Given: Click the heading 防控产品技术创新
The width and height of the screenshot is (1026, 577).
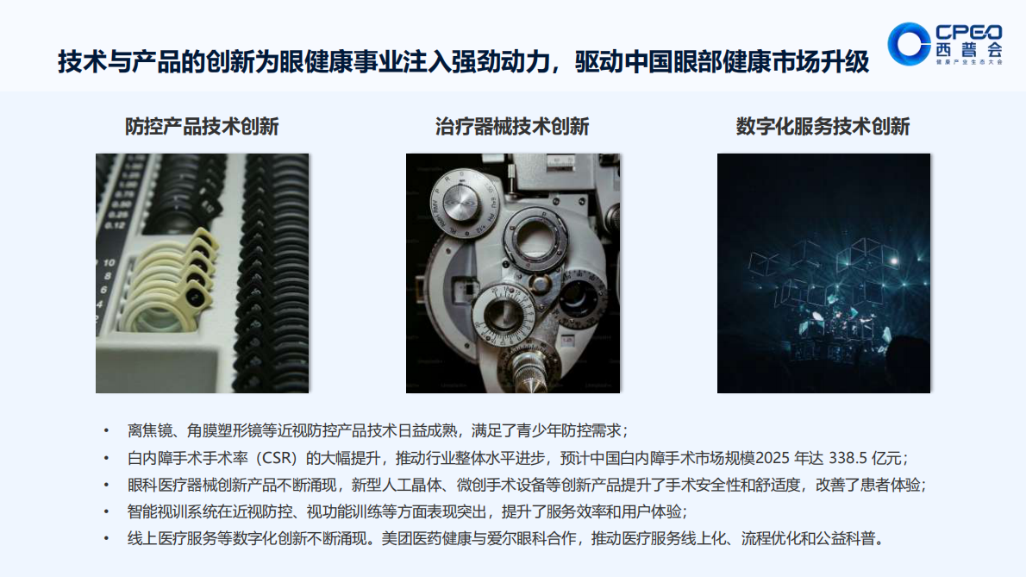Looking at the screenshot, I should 202,127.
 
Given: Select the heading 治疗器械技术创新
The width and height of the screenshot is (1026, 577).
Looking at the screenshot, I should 512,127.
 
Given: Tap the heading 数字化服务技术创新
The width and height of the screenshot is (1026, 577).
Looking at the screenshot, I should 823,127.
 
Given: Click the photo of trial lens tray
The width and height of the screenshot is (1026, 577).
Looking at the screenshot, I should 202,273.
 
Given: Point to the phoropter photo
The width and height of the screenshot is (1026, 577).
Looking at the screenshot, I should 512,273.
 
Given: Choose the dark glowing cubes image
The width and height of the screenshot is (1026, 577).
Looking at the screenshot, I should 823,273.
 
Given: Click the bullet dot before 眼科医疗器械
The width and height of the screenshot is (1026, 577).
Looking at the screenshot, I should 106,485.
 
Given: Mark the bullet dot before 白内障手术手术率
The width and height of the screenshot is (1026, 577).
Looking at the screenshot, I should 106,457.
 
